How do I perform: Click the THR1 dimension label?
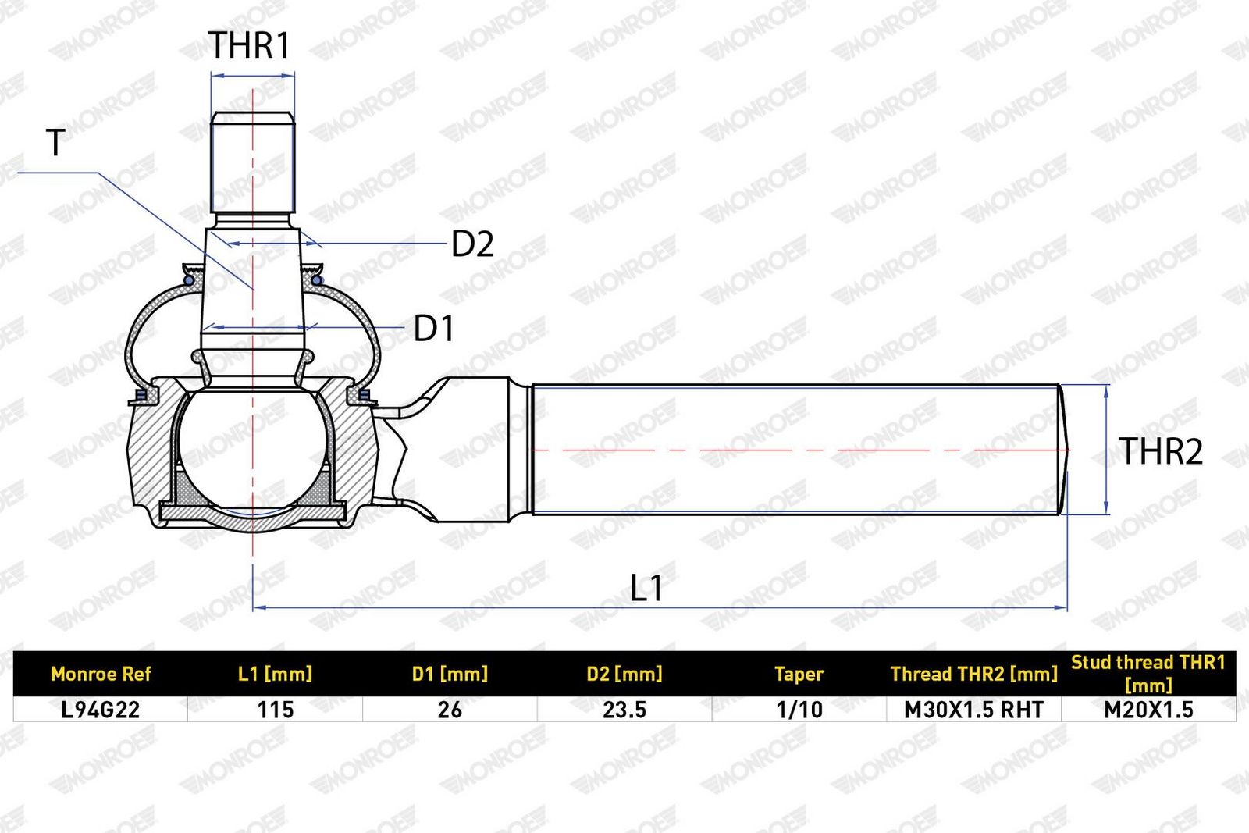(249, 45)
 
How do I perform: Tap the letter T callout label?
(55, 142)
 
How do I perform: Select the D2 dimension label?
(472, 244)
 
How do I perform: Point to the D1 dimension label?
(434, 328)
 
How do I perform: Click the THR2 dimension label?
(1160, 450)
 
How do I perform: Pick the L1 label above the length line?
(646, 587)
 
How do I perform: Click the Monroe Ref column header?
(101, 674)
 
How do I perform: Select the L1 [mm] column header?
(276, 674)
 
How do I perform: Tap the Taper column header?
(799, 674)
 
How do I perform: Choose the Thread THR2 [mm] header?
(974, 674)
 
